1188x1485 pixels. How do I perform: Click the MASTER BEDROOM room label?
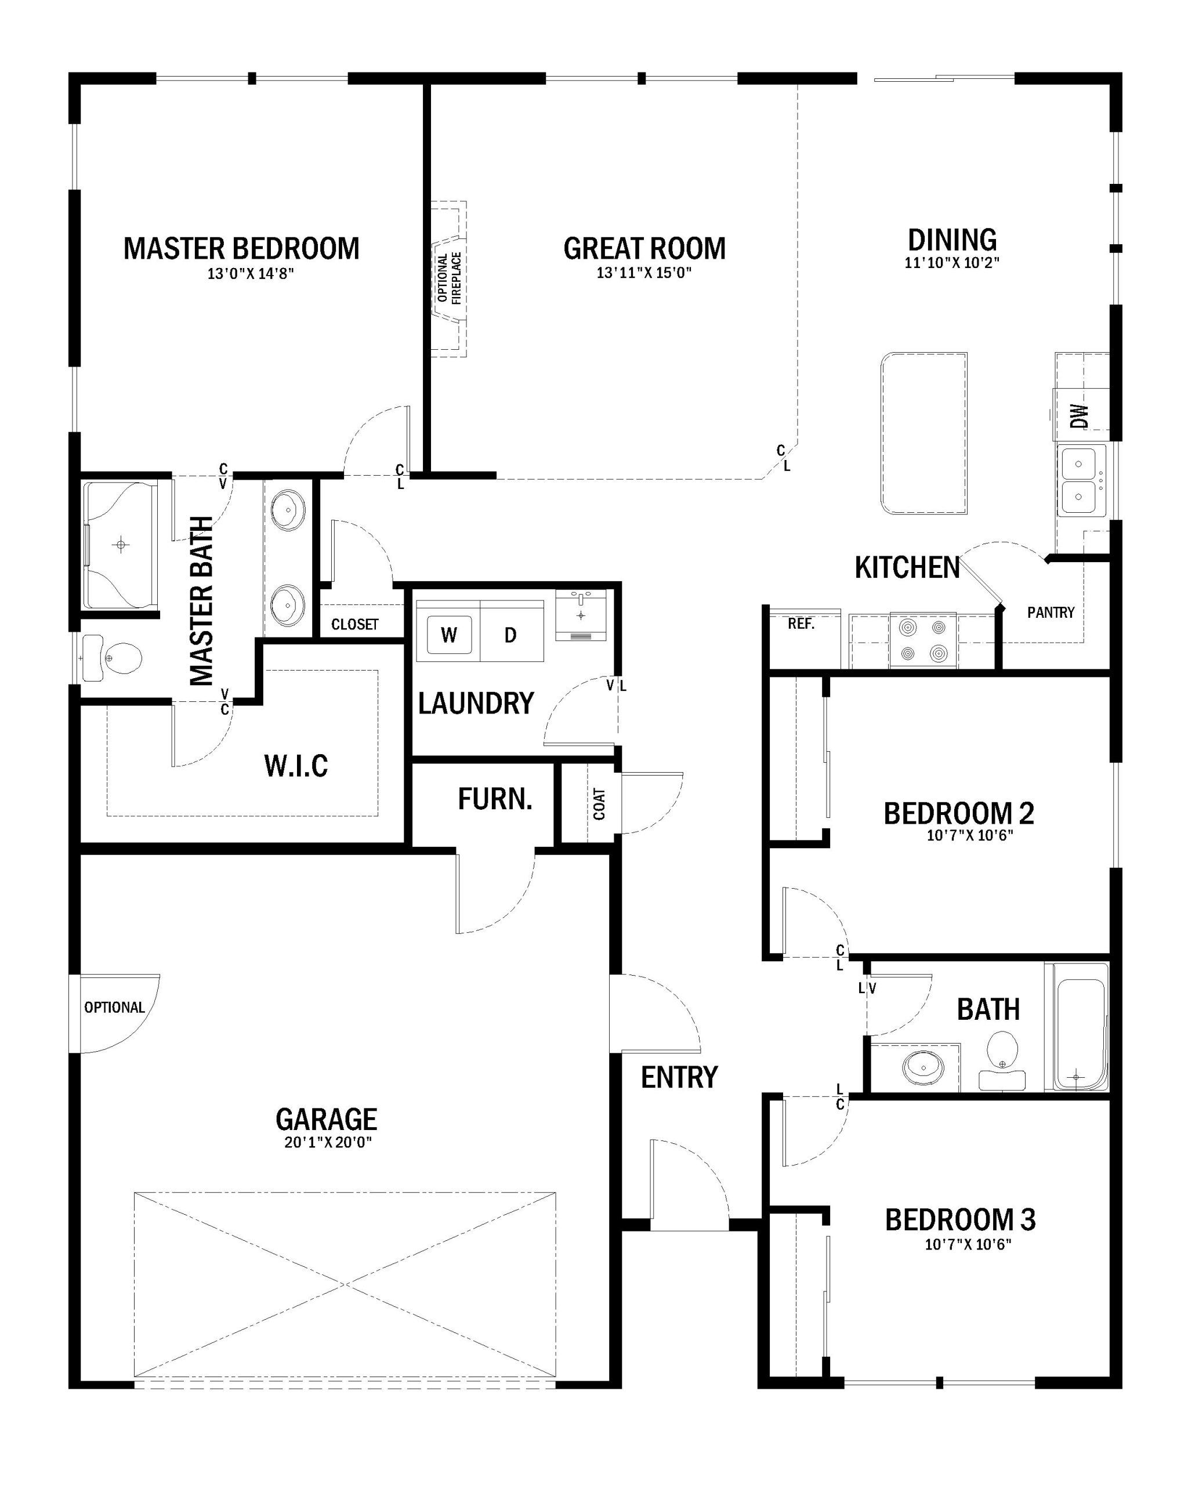coord(241,249)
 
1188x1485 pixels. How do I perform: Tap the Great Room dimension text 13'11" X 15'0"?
coord(643,273)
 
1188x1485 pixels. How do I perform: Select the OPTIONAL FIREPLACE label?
coord(450,278)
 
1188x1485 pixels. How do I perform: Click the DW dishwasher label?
coord(1080,415)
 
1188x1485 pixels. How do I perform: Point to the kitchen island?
coord(923,433)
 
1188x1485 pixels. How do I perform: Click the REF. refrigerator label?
coord(801,624)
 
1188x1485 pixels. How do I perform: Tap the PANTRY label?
coord(1051,613)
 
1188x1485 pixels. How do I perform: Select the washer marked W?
coord(449,635)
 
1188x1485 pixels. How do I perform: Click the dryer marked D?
coord(510,635)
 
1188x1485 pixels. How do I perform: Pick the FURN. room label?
coord(495,799)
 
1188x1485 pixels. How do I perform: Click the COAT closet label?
coord(599,805)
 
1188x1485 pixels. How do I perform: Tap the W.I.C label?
coord(296,765)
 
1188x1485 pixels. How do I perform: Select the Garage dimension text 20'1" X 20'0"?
coord(328,1143)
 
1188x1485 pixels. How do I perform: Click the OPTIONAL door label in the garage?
coord(114,1007)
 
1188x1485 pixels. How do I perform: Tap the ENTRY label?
coord(679,1077)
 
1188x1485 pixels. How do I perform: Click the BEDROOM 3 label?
coord(959,1239)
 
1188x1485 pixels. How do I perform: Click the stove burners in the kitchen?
coord(922,640)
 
